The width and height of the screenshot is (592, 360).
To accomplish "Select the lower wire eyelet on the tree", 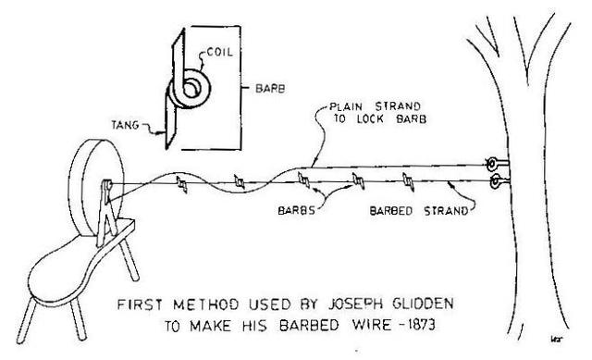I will (498, 180).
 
